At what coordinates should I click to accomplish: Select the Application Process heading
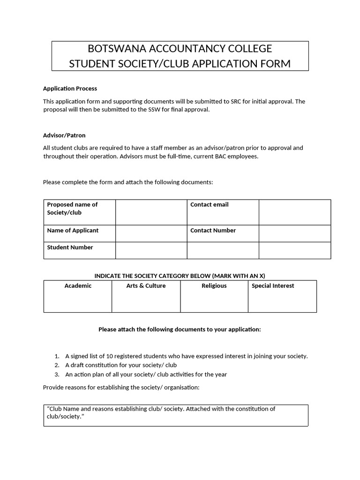click(70, 88)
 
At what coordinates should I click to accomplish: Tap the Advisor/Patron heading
click(64, 135)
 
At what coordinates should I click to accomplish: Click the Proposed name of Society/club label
click(72, 209)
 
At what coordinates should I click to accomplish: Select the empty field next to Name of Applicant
click(151, 233)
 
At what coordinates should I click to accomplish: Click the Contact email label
click(210, 205)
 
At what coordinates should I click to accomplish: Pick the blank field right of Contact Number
click(294, 233)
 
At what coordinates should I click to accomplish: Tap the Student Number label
click(70, 247)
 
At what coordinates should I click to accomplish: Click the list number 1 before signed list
click(57, 356)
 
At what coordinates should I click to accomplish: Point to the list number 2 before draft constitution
click(57, 365)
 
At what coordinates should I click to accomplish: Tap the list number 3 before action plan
click(57, 375)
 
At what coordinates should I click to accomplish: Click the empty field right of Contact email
click(294, 212)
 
